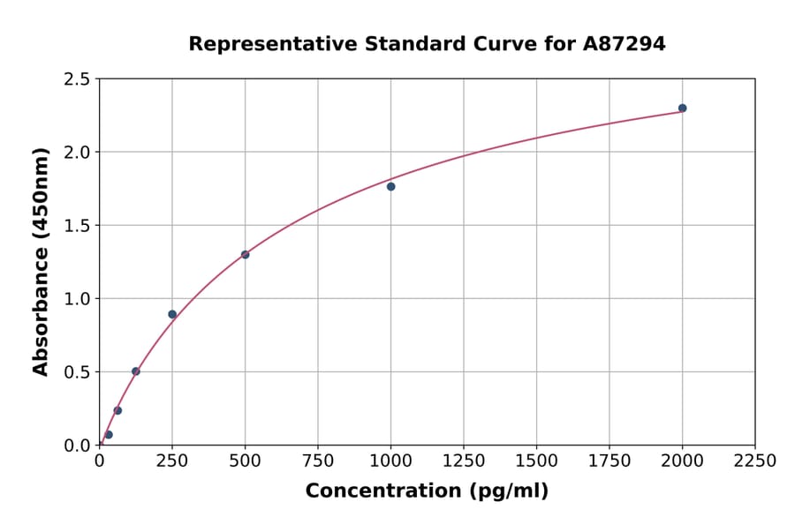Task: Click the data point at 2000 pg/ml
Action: pos(682,109)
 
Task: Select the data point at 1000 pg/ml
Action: pos(390,186)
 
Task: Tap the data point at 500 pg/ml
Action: pos(245,255)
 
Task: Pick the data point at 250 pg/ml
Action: pos(172,314)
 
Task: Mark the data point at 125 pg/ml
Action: pos(136,371)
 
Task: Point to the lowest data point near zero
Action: pos(109,435)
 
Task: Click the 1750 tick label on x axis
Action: pos(609,460)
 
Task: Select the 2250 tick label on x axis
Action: pos(754,460)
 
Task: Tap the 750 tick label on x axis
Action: pos(318,460)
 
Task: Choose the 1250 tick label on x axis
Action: pos(463,460)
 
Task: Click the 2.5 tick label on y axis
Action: pos(77,79)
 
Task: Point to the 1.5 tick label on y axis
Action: pos(77,226)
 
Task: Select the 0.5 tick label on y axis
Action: pos(77,372)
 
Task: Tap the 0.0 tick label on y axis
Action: pos(77,445)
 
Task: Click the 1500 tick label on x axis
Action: pos(536,460)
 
